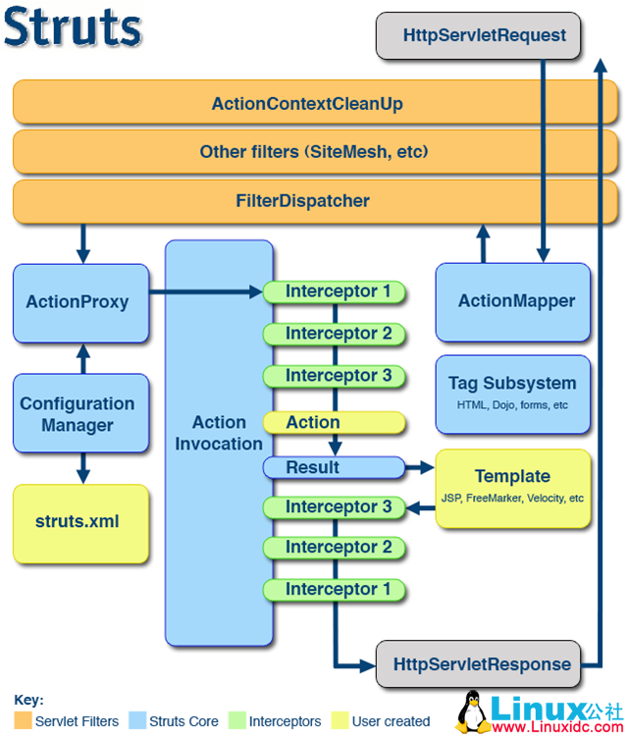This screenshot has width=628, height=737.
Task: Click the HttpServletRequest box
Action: (478, 35)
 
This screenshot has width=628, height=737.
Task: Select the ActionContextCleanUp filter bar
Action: (315, 102)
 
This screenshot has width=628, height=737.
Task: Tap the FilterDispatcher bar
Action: (315, 201)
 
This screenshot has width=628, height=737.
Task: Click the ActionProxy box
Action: (80, 303)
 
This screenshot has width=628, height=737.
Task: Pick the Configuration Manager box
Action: (80, 413)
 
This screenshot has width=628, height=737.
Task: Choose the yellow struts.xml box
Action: (80, 524)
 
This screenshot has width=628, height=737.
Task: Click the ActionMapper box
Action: (513, 302)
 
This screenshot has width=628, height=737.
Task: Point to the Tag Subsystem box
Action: (513, 395)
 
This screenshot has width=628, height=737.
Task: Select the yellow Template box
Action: (513, 489)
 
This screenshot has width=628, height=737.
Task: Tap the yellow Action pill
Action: (334, 423)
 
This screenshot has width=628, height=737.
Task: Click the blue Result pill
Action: (334, 468)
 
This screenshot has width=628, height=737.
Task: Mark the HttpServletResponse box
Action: (478, 663)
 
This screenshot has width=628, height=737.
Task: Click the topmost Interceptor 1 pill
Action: (334, 291)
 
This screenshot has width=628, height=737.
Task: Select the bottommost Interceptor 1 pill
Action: (334, 590)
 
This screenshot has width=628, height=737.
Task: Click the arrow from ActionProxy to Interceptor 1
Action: (206, 291)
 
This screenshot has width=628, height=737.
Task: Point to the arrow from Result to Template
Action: (420, 467)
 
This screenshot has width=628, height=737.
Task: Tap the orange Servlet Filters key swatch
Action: (23, 720)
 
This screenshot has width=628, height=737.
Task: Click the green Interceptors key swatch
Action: (236, 720)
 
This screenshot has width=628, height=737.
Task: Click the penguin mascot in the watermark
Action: (472, 712)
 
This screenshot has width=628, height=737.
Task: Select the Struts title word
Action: (73, 26)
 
